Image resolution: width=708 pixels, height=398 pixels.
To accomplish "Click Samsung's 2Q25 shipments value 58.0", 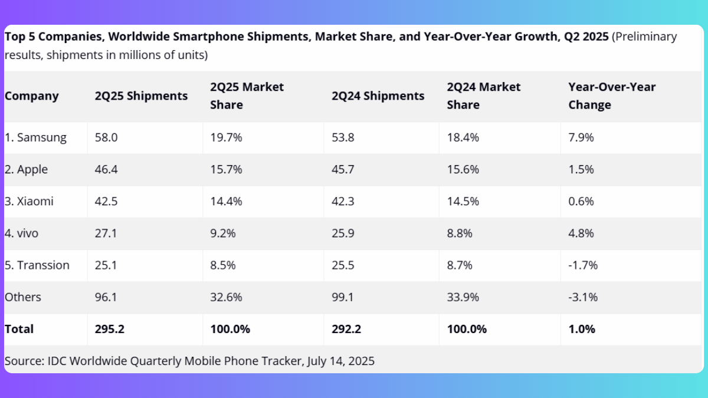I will (106, 138).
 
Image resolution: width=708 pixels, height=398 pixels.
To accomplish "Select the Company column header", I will (32, 96).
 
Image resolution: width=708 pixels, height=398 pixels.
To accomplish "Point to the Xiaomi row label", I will (29, 202).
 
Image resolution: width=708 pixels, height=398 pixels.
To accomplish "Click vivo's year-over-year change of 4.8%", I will (581, 233).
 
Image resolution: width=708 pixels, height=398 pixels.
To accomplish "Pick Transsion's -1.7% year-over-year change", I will (583, 265).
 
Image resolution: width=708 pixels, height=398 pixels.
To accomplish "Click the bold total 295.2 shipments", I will (110, 329).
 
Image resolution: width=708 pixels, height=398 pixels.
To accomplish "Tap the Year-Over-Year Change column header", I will (611, 96).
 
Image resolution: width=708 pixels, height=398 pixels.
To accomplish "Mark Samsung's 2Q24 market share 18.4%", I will (463, 138).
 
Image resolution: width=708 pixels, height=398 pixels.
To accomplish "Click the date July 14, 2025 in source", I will (340, 361).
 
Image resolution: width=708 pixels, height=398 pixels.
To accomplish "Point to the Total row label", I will (19, 329).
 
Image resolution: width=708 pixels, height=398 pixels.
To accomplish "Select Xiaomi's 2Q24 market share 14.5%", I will (463, 202).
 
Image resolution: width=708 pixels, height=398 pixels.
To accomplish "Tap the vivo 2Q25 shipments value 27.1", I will (106, 233).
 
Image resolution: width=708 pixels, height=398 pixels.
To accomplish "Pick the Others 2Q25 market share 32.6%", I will (226, 297).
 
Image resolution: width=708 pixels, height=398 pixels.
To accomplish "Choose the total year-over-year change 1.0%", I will (581, 329).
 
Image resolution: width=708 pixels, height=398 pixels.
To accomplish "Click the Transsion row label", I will (37, 265).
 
